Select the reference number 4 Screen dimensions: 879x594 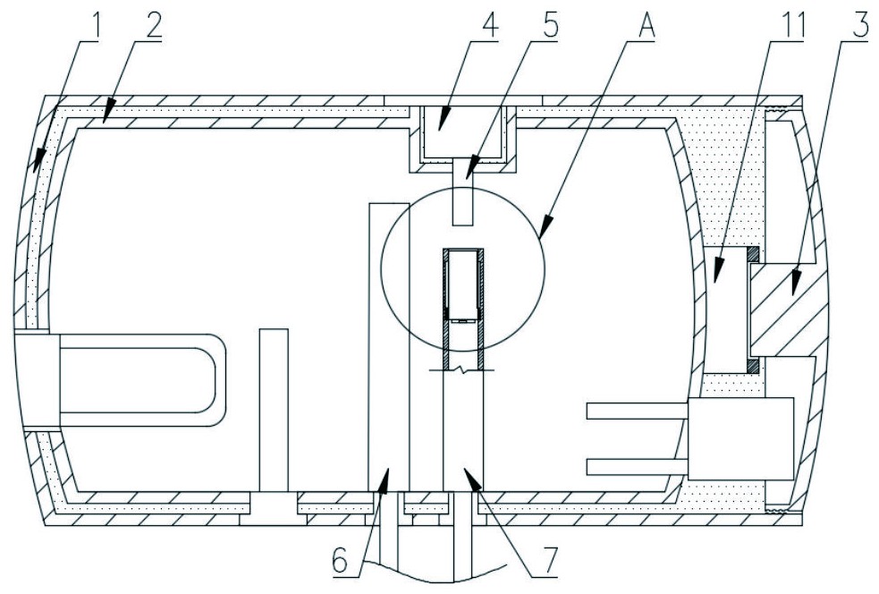point(487,23)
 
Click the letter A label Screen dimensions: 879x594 point(644,23)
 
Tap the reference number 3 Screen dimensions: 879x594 point(859,23)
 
